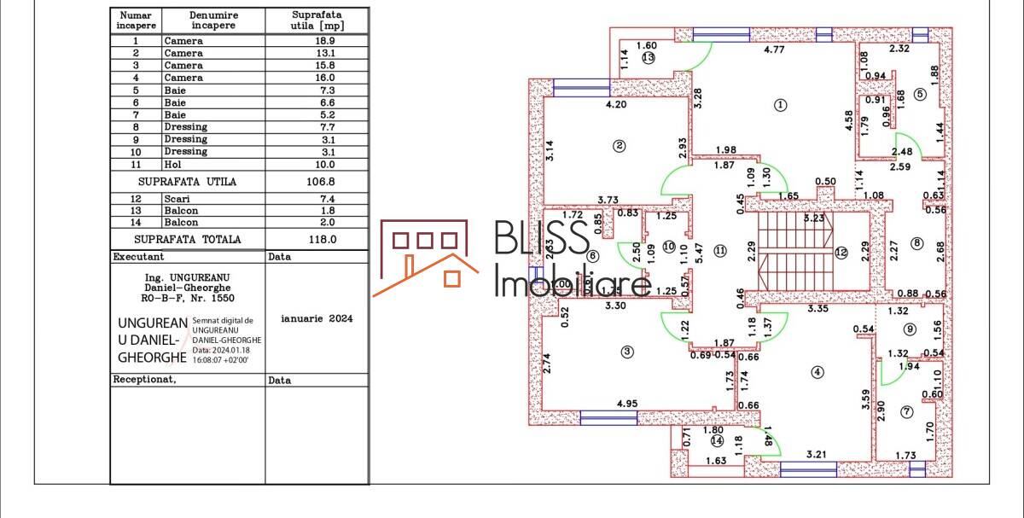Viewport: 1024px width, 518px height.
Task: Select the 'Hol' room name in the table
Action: point(173,164)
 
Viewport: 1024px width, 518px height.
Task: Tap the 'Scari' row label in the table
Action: point(177,198)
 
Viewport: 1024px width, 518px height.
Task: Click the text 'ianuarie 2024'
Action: point(317,318)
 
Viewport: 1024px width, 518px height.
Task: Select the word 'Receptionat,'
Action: point(144,380)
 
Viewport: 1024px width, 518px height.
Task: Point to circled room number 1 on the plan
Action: point(779,105)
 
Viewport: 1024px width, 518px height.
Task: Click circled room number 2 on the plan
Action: point(620,146)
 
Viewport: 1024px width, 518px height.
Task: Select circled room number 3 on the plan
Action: point(627,351)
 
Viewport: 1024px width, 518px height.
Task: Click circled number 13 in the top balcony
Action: point(649,58)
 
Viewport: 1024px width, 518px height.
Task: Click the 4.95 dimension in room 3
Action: point(627,404)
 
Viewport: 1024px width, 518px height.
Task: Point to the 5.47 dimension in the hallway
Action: point(700,252)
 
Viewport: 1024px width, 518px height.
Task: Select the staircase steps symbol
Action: point(794,253)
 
